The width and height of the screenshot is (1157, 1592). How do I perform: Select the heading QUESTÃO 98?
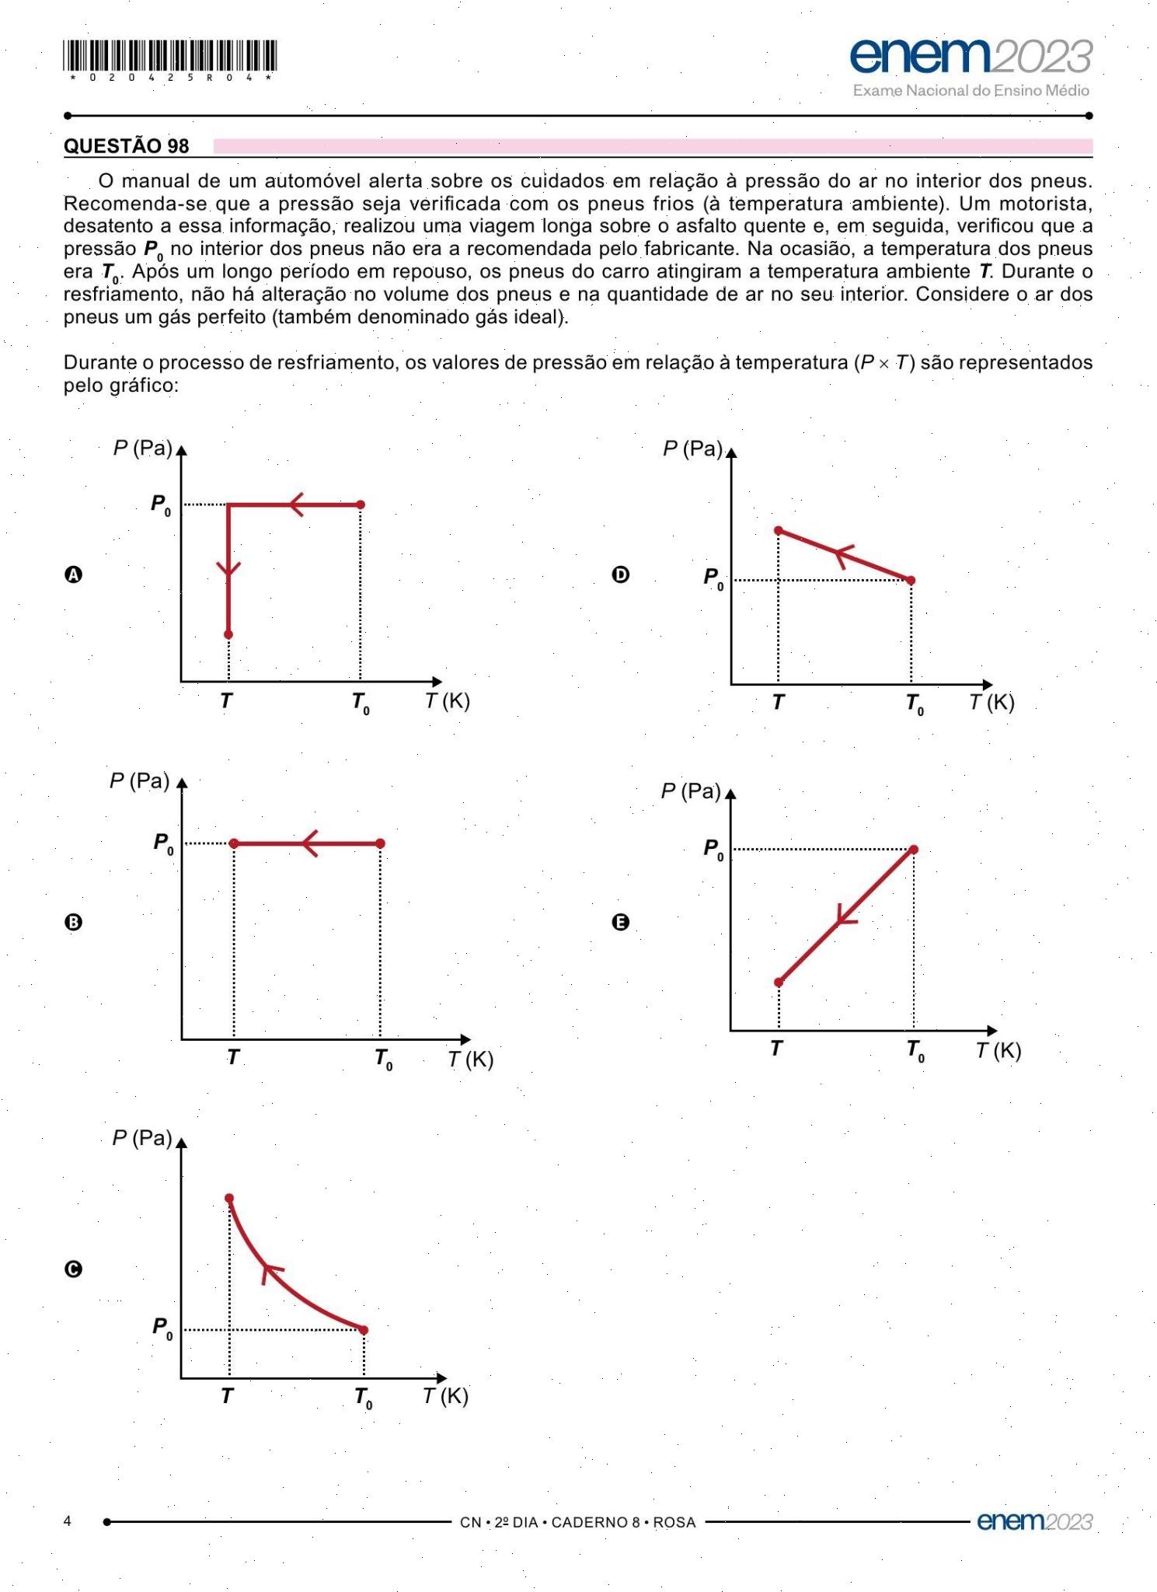pyautogui.click(x=127, y=146)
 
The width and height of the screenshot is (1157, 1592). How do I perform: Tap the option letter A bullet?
pyautogui.click(x=73, y=574)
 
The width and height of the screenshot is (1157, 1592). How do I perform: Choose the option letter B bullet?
pyautogui.click(x=73, y=922)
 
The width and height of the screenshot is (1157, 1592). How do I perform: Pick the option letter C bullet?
pyautogui.click(x=73, y=1269)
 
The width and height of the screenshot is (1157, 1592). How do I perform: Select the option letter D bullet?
pyautogui.click(x=620, y=574)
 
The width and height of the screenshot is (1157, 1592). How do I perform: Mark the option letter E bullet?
pyautogui.click(x=620, y=922)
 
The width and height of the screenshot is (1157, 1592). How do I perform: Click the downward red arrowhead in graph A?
pyautogui.click(x=228, y=570)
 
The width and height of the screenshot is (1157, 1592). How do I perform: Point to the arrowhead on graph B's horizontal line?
pyautogui.click(x=310, y=843)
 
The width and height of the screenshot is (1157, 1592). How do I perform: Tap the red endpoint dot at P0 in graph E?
pyautogui.click(x=914, y=850)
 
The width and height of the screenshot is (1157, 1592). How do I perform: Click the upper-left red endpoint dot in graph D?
pyautogui.click(x=779, y=531)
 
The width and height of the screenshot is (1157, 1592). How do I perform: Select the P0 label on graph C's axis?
pyautogui.click(x=162, y=1328)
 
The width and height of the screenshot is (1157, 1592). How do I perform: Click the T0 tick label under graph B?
pyautogui.click(x=383, y=1059)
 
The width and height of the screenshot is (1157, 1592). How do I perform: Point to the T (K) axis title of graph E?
pyautogui.click(x=998, y=1051)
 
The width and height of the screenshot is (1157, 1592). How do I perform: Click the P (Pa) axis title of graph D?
pyautogui.click(x=692, y=449)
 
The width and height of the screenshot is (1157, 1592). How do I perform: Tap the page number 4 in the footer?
pyautogui.click(x=68, y=1520)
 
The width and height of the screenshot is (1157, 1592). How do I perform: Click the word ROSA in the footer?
pyautogui.click(x=674, y=1522)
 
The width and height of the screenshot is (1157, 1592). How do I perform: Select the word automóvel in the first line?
pyautogui.click(x=312, y=181)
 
